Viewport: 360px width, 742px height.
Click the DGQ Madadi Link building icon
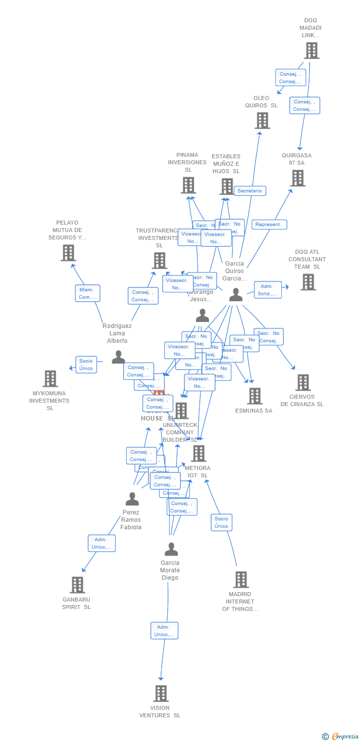pyautogui.click(x=312, y=50)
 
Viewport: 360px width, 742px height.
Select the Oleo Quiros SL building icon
pyautogui.click(x=262, y=120)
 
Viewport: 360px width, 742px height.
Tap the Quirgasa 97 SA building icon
pyautogui.click(x=298, y=178)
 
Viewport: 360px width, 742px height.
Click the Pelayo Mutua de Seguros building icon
pyautogui.click(x=68, y=253)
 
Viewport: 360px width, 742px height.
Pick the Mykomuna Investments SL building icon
pyautogui.click(x=50, y=378)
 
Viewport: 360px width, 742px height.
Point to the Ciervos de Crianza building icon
pyautogui.click(x=303, y=382)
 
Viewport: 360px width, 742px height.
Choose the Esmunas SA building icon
pyautogui.click(x=255, y=396)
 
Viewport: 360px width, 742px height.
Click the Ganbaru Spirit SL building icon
pyautogui.click(x=77, y=585)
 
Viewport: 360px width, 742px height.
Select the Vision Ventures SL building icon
pyautogui.click(x=161, y=694)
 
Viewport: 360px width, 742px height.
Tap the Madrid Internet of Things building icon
pyautogui.click(x=241, y=579)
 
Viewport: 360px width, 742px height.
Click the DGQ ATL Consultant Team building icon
pyautogui.click(x=308, y=282)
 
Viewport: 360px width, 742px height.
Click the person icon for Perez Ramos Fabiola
pyautogui.click(x=132, y=499)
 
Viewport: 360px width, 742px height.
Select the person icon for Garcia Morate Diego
pyautogui.click(x=171, y=549)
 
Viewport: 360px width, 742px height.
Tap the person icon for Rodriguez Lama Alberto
pyautogui.click(x=118, y=357)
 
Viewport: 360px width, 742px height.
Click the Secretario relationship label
pyautogui.click(x=250, y=191)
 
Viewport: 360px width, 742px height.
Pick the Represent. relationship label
pyautogui.click(x=269, y=225)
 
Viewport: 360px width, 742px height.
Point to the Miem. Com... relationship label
pyautogui.click(x=88, y=293)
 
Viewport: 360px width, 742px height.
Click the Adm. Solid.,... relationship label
pyautogui.click(x=268, y=290)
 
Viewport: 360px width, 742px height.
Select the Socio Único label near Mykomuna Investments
pyautogui.click(x=86, y=365)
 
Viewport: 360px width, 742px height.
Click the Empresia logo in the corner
pyautogui.click(x=340, y=736)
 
